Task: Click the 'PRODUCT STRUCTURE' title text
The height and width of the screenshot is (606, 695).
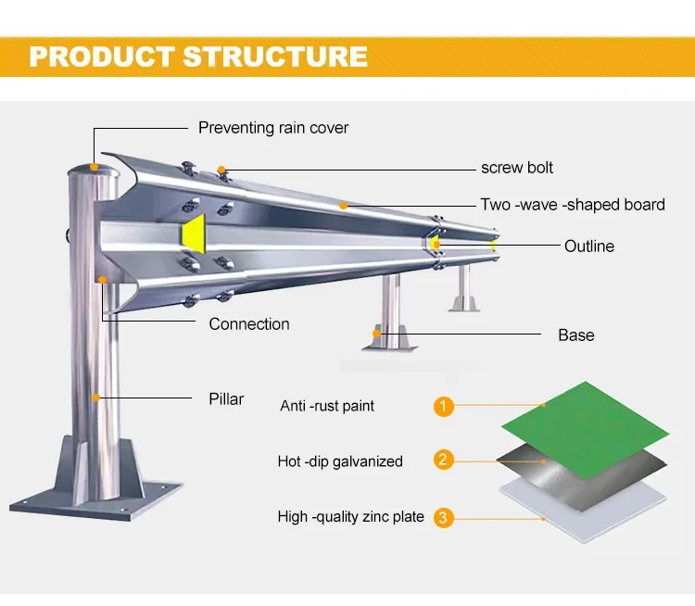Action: coord(198,56)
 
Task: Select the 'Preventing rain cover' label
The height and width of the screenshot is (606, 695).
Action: coord(273,128)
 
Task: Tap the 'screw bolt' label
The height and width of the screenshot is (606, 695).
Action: coord(517,168)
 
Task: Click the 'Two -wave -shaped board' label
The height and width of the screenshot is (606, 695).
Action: coord(572,205)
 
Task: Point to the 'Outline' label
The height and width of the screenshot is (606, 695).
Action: coord(589,246)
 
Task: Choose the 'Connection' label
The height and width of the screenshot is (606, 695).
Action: coord(248,324)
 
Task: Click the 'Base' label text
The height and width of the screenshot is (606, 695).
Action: coord(575,335)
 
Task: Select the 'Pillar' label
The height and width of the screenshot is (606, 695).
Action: coord(226,399)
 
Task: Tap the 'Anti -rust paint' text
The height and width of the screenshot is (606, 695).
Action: coord(327,406)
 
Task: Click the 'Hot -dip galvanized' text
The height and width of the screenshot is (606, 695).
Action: coord(340,461)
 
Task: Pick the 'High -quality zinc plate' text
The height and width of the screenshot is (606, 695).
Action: coord(350,517)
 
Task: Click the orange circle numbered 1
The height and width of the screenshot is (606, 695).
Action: coord(444,406)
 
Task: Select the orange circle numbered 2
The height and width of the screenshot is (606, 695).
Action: coord(444,461)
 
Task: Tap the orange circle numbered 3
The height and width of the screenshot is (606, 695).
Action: coord(444,517)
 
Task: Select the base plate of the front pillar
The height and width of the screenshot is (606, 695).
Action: coord(93,496)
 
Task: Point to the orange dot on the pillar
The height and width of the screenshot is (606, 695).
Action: coord(94,397)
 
